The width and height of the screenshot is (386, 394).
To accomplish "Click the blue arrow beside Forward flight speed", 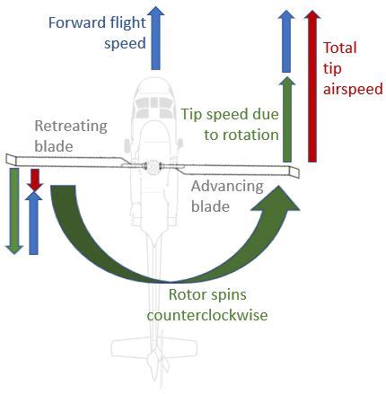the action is pyautogui.click(x=155, y=38).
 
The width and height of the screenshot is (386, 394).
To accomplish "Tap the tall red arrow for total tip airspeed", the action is pyautogui.click(x=312, y=86).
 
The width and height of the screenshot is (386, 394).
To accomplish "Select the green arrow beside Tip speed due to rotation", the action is pyautogui.click(x=287, y=119).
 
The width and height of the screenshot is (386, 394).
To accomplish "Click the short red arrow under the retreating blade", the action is pyautogui.click(x=35, y=179).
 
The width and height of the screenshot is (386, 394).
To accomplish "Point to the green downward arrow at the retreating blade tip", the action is pyautogui.click(x=14, y=211).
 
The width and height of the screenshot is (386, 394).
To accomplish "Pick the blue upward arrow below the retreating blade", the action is pyautogui.click(x=33, y=223).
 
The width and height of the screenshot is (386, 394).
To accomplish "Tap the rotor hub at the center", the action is pyautogui.click(x=153, y=166).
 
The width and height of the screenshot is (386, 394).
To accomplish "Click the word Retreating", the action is pyautogui.click(x=71, y=127).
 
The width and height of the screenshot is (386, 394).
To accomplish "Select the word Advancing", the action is pyautogui.click(x=227, y=187).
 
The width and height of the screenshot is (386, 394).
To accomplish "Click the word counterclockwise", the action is pyautogui.click(x=207, y=315).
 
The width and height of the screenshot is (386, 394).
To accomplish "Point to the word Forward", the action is pyautogui.click(x=72, y=22).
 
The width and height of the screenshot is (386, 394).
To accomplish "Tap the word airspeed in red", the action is pyautogui.click(x=353, y=90).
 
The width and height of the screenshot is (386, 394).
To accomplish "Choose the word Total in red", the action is pyautogui.click(x=340, y=48).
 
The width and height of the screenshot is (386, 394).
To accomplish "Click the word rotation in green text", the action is pyautogui.click(x=241, y=136).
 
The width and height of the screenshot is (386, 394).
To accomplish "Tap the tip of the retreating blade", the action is pyautogui.click(x=11, y=160).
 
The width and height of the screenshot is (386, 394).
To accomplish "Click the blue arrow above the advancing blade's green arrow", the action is pyautogui.click(x=286, y=41).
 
